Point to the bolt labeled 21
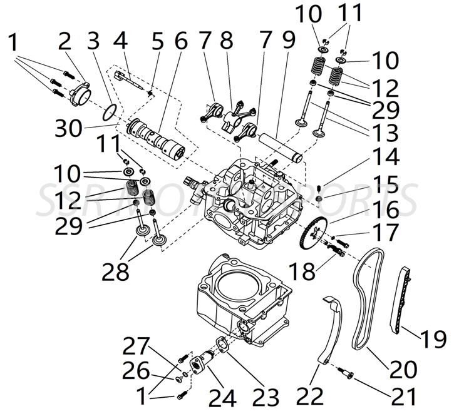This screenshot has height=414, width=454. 345,373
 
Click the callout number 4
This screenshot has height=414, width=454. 120,43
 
